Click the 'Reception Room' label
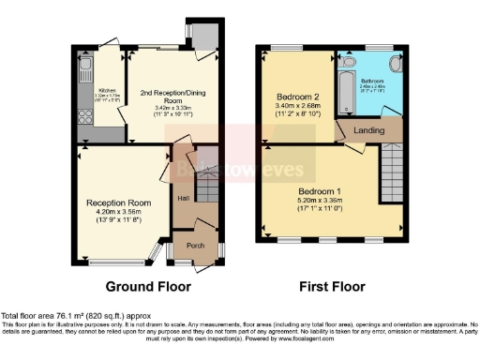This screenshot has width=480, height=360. pos(119,202)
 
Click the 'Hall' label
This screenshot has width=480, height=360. pos(184,198)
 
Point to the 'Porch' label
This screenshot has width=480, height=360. pos(196,246)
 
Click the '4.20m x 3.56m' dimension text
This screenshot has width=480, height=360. pos(119,213)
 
